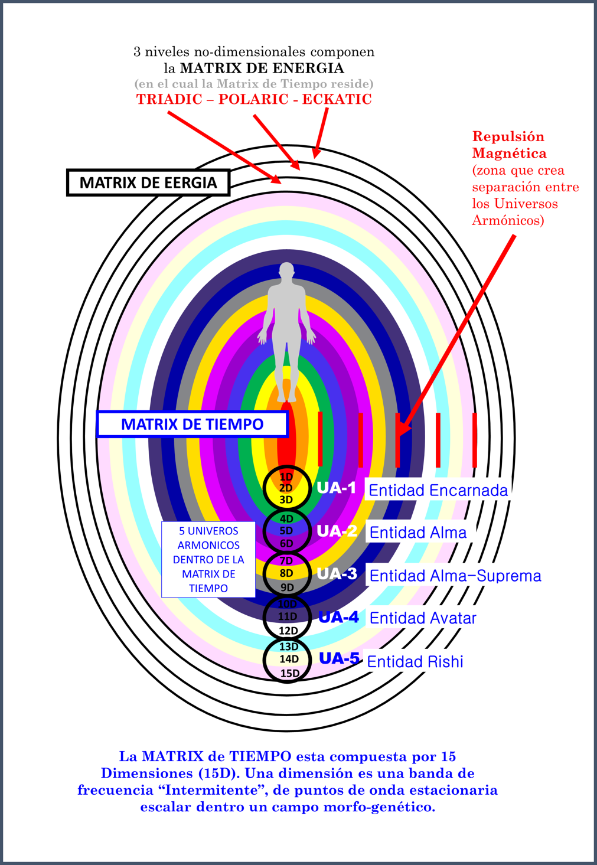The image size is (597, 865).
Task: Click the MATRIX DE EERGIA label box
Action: (x=148, y=182)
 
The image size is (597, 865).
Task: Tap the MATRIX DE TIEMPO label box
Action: (x=192, y=424)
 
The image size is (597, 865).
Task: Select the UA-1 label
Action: (x=336, y=488)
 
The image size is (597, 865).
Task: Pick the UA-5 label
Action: (x=339, y=658)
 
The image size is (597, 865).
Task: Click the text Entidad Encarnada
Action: (x=438, y=490)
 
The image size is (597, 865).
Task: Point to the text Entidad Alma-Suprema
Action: (x=455, y=576)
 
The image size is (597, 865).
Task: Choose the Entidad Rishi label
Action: (x=415, y=661)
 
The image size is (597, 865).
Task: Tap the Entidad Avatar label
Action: (x=422, y=618)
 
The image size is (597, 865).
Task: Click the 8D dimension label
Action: (x=286, y=573)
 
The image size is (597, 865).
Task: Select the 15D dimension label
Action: (x=289, y=673)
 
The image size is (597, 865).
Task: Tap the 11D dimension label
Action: (x=287, y=616)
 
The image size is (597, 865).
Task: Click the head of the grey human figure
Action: (x=286, y=272)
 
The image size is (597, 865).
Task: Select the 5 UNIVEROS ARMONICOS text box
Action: (x=208, y=559)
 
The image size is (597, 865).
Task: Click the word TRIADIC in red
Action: (x=169, y=99)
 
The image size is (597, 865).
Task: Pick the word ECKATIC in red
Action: (x=337, y=99)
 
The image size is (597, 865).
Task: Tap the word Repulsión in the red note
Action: (x=508, y=136)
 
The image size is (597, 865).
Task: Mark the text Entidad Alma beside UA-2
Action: (x=417, y=533)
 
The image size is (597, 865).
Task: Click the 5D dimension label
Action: (x=286, y=531)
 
